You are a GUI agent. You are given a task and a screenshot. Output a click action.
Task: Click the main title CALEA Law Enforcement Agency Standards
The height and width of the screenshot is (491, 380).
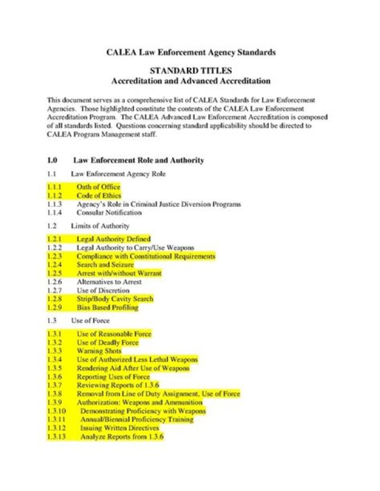pos(191,52)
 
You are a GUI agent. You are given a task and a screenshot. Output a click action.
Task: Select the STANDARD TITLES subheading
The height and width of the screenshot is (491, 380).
pos(191,71)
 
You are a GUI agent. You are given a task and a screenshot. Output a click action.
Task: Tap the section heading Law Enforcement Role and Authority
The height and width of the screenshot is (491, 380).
pos(138,160)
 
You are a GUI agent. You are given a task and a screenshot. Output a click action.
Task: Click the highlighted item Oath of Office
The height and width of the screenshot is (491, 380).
pos(98,187)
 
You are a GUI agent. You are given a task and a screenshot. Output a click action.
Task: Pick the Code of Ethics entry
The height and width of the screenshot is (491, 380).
pos(99,196)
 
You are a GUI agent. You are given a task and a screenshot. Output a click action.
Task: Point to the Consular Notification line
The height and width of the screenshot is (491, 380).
pos(109,213)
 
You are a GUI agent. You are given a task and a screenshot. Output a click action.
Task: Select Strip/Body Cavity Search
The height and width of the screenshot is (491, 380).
pos(115,299)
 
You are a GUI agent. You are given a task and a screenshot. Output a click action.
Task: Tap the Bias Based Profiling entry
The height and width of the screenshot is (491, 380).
pos(108,307)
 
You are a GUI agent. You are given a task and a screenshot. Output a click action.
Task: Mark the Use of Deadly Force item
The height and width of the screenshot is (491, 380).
pos(108,342)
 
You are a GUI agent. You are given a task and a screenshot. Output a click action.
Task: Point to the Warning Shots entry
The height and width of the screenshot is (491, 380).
pos(99,351)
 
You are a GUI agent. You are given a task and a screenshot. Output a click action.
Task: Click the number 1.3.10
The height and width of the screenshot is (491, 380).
pos(56,411)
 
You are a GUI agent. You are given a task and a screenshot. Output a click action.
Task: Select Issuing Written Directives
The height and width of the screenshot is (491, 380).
pos(119,428)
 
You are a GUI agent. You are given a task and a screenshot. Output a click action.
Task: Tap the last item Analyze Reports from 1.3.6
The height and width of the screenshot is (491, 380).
pos(122,437)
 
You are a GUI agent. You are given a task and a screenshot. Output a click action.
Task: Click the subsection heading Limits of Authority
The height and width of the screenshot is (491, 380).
pos(100,226)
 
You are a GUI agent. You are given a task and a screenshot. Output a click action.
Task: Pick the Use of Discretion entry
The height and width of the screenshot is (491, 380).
pos(103,290)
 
